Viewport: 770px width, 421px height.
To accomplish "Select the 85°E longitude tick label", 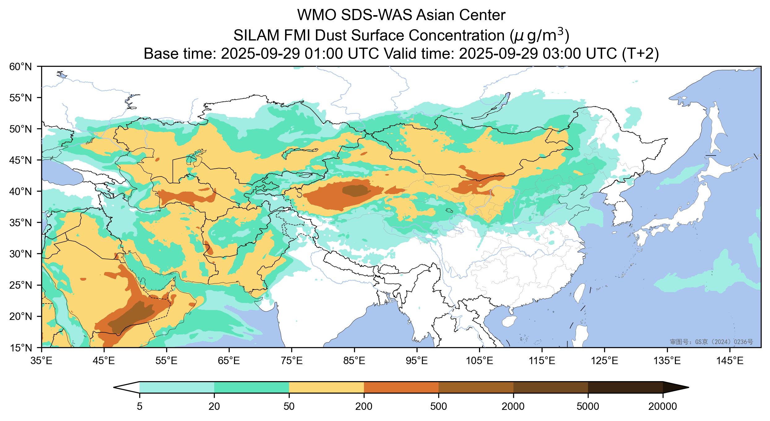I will click(354, 361).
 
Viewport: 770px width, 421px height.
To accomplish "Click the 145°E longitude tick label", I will click(730, 361).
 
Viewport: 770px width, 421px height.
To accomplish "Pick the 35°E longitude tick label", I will click(41, 361).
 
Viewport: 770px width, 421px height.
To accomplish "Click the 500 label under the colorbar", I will click(439, 406).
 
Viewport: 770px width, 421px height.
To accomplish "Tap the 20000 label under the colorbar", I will click(663, 406).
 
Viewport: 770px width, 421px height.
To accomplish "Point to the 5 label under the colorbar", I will click(140, 406).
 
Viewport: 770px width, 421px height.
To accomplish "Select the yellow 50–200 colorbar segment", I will click(326, 387).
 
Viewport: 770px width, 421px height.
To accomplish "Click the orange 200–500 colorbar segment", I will click(401, 387).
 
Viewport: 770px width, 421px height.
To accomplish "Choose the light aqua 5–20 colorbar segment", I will click(177, 387).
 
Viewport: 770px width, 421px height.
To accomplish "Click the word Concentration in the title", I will click(458, 36).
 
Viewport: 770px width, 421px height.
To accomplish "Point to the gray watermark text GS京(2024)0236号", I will click(712, 342).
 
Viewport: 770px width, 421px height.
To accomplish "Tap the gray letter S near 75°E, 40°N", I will click(299, 194).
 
